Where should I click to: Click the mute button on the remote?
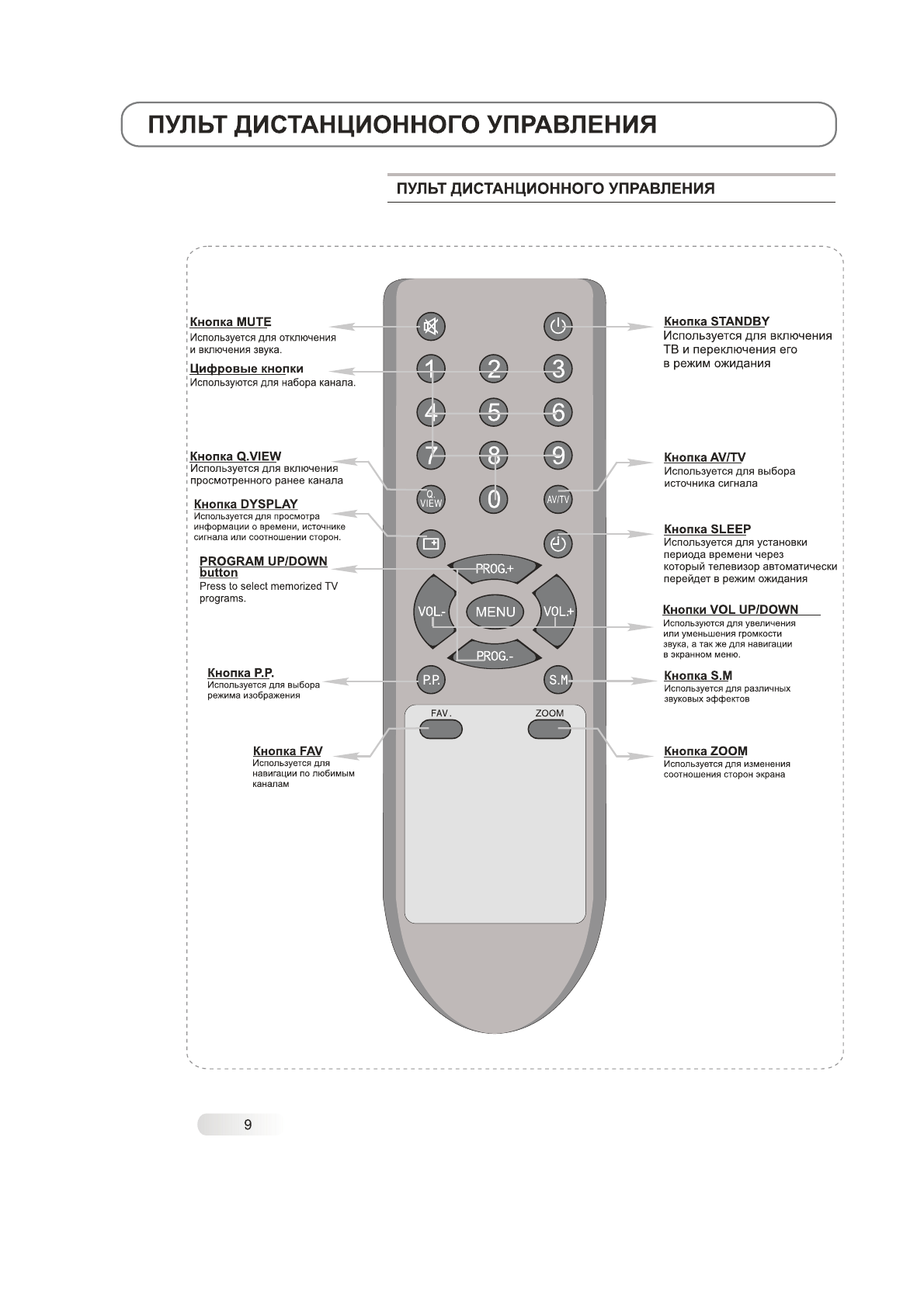431,327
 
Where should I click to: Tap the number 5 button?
495,411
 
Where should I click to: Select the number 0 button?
494,498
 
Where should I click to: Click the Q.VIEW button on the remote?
431,498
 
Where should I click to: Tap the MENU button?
495,612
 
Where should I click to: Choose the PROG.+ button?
495,569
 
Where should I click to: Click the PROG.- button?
495,656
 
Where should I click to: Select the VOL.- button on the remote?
432,612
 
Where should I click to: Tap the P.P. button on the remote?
431,680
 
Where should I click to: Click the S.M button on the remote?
558,680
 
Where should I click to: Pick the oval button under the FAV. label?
440,729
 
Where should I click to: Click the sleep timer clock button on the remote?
558,543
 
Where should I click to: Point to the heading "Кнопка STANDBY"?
716,321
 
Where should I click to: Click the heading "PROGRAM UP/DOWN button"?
262,567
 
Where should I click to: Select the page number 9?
248,1125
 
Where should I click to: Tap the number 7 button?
431,455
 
